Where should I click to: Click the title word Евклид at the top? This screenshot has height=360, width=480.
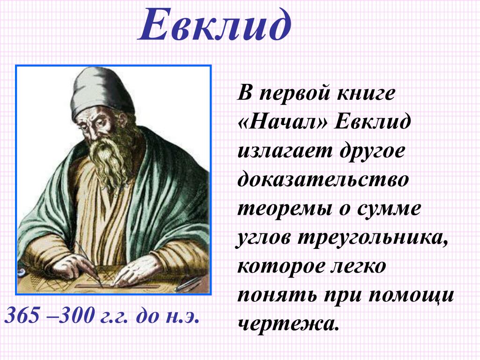(215, 25)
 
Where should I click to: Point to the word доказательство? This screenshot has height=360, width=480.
(323, 180)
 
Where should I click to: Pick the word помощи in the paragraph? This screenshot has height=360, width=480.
(411, 296)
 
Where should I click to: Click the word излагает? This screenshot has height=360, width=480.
(285, 150)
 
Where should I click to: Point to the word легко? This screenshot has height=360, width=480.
(358, 267)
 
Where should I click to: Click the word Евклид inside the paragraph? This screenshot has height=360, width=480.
(372, 122)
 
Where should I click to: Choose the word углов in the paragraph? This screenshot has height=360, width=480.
(263, 238)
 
